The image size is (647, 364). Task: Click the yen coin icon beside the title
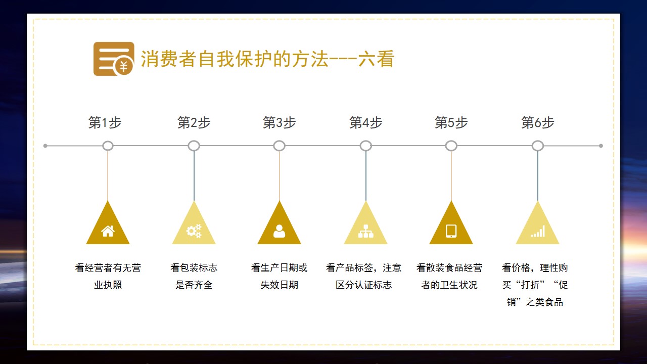[124, 66]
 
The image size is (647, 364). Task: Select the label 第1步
[105, 122]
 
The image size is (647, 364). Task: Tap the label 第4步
[365, 122]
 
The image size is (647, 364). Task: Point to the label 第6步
[537, 122]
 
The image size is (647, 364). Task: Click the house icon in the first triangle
[108, 231]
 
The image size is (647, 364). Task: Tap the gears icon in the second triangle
[194, 231]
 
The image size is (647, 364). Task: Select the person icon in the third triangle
[280, 231]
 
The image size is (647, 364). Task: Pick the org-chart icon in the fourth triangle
[365, 231]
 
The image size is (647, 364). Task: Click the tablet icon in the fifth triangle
[451, 231]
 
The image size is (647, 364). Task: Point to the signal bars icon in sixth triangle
[538, 232]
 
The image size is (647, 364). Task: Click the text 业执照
[108, 285]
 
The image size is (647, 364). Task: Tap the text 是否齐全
[194, 285]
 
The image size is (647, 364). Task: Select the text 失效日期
[280, 285]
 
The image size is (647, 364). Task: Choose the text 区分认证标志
[363, 285]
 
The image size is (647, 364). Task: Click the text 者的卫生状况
[449, 285]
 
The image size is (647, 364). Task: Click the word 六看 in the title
[377, 59]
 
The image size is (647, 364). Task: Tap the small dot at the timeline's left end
[45, 146]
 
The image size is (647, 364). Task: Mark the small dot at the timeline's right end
[601, 146]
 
